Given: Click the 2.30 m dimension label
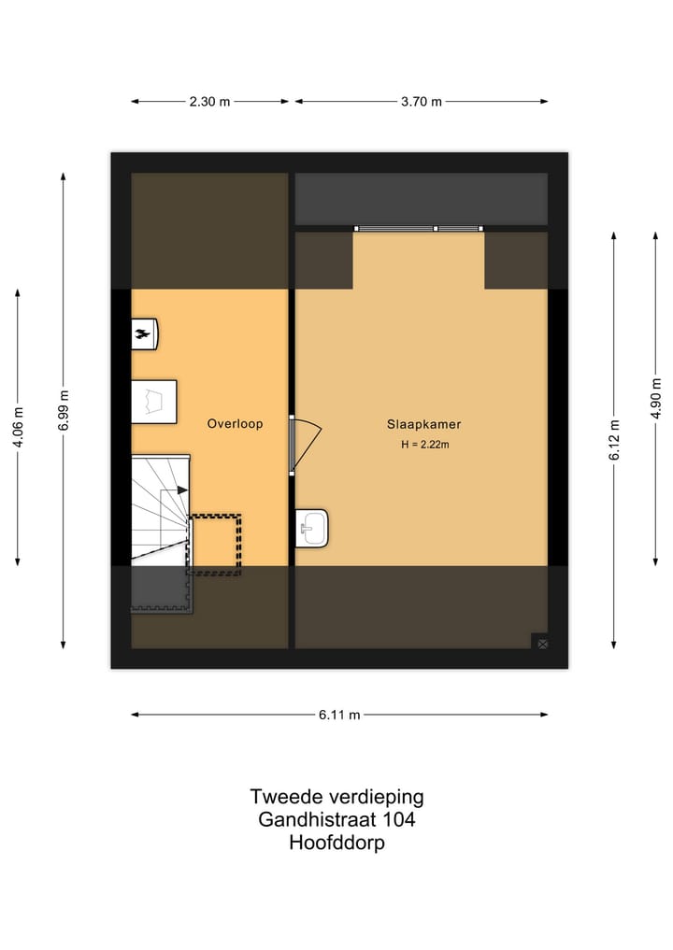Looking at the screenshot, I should [x=210, y=102].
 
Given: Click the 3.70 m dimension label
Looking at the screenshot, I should [x=422, y=102].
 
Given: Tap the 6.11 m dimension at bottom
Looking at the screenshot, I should [x=339, y=715].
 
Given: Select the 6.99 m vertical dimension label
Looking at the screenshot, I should [x=63, y=409].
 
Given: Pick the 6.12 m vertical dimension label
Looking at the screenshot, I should [x=614, y=440].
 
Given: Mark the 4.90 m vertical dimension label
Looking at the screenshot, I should [x=657, y=397].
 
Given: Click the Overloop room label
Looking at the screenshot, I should [x=235, y=424].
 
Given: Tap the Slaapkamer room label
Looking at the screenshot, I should [x=423, y=424].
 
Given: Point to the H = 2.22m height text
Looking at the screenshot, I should [x=425, y=445].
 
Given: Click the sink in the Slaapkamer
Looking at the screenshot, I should [x=311, y=528].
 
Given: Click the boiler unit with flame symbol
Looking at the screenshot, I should [x=144, y=333].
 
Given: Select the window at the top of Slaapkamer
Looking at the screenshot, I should [x=419, y=228].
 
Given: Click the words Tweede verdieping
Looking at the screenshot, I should [x=336, y=797].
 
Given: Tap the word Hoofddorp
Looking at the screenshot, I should [x=336, y=843].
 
